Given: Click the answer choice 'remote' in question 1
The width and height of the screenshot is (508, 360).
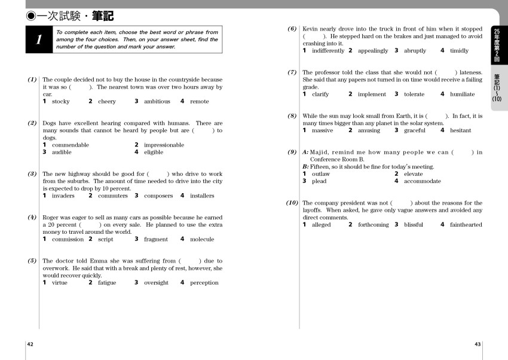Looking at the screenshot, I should point(199,102).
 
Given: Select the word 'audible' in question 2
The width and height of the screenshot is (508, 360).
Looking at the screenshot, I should point(62,152).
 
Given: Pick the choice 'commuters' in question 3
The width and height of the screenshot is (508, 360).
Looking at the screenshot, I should point(112,196).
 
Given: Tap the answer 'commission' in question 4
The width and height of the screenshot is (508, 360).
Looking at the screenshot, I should point(68,239).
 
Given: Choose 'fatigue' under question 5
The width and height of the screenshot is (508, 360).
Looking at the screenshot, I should point(107,283).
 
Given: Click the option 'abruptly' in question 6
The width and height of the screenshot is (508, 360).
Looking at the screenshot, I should point(415,51).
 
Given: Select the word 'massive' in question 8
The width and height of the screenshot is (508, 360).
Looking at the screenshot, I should point(322,130).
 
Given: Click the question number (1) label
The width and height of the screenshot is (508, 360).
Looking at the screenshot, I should point(32,80).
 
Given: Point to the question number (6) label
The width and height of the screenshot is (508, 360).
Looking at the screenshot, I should point(292,29).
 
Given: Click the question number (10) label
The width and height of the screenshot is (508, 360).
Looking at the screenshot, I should point(292,203).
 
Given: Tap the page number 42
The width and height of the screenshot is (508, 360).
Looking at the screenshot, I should point(30,344).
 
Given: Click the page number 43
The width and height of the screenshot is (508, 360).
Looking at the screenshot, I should point(478,344).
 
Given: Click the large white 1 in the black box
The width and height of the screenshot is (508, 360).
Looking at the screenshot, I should point(39,39).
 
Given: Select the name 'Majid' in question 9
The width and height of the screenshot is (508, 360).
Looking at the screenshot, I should point(326,152).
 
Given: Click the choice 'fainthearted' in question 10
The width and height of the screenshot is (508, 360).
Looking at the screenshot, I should point(466,225).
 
